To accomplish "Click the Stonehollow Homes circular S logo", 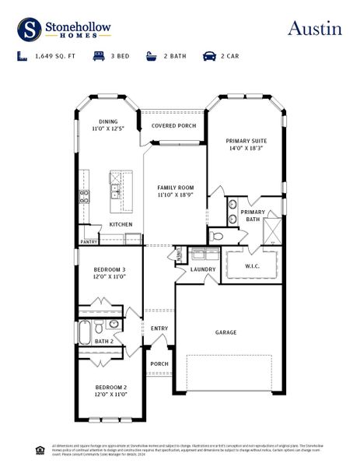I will tap(30, 30).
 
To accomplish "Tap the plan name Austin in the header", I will tap(314, 29).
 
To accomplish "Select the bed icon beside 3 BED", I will tap(99, 57).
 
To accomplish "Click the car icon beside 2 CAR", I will tap(209, 57).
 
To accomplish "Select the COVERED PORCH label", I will tap(173, 125).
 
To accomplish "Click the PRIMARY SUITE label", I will tap(246, 141).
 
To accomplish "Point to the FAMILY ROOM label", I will tap(175, 188).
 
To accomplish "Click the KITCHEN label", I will tap(121, 224).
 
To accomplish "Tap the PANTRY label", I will tap(89, 242).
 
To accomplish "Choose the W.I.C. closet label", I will tap(251, 266).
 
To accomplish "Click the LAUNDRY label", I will tap(203, 269).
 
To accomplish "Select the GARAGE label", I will tap(225, 332).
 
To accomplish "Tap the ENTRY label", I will tap(159, 328).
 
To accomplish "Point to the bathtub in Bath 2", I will tap(85, 333).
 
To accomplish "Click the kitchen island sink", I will tap(114, 188).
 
